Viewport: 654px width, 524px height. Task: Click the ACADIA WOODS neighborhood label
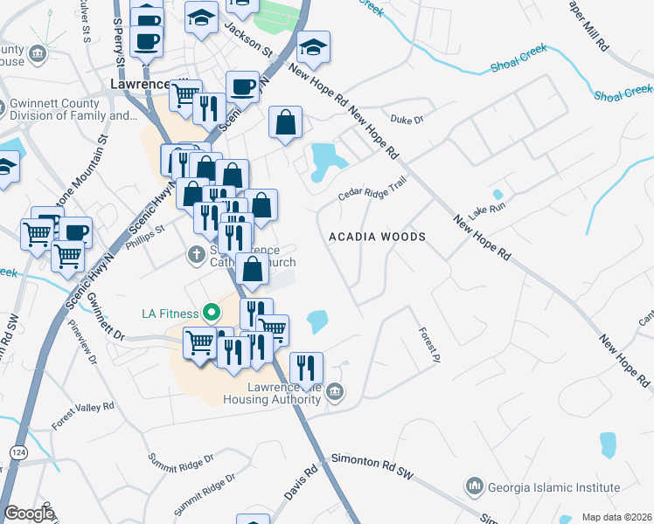(x=377, y=237)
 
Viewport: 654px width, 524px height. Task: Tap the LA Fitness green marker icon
(x=211, y=312)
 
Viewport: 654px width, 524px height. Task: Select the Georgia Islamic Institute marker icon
(x=475, y=485)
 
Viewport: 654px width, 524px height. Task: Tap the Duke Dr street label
(x=407, y=120)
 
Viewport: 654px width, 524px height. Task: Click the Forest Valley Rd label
(x=83, y=417)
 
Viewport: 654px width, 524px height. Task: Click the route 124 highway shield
(x=17, y=452)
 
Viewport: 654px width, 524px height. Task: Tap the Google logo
(x=29, y=514)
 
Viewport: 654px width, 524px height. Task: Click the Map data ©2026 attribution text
(x=616, y=517)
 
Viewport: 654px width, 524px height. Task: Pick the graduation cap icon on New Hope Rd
(x=312, y=47)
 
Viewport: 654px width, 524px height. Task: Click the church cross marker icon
(x=198, y=254)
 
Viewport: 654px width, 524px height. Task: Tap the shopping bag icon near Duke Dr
(x=286, y=123)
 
